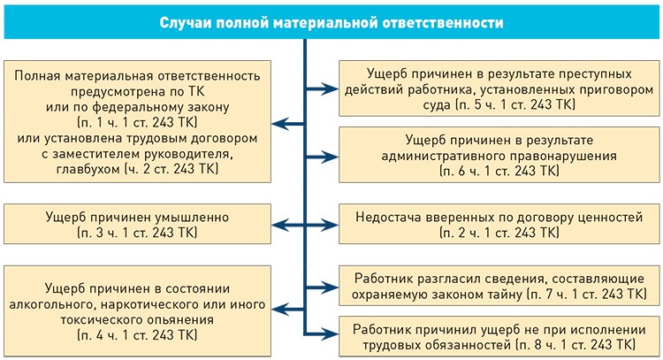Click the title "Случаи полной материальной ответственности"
click(331, 23)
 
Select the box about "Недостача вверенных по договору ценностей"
click(498, 224)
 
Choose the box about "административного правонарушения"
click(498, 156)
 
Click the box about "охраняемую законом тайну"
click(498, 283)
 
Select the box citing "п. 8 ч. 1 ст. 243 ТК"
click(498, 334)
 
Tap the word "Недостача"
click(393, 216)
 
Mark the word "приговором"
click(612, 89)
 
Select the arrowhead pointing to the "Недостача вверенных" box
click(334, 224)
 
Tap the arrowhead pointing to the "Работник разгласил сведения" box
click(334, 283)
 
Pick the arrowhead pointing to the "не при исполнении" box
click(334, 333)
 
